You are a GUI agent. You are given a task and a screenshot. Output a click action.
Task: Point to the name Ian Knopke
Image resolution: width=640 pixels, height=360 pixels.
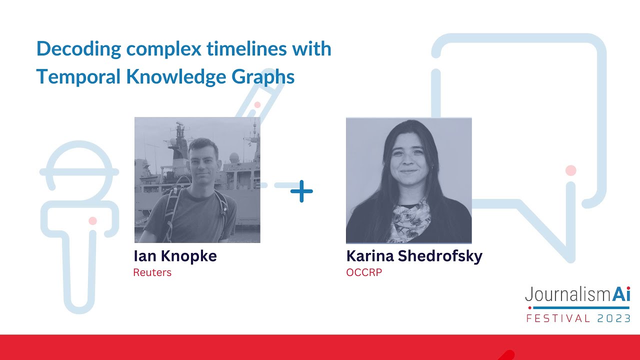175,256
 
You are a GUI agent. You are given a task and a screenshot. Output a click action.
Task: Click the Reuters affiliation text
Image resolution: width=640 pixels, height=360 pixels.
152,273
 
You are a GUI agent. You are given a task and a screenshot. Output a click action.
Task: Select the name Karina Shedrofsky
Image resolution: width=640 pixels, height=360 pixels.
414,256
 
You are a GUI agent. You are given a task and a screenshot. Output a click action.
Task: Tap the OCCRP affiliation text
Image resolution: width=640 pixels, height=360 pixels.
363,273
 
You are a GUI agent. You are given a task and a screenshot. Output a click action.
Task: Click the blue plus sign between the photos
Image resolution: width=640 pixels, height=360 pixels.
301,191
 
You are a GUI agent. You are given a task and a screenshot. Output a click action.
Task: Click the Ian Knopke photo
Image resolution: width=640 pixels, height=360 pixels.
197,180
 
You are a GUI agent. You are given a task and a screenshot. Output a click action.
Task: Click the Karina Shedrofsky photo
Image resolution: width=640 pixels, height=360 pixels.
408,180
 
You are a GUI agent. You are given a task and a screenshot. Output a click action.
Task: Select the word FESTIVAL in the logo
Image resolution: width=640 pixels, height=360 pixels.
558,318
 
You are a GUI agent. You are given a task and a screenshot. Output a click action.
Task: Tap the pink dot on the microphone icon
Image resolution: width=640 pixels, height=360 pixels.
92,220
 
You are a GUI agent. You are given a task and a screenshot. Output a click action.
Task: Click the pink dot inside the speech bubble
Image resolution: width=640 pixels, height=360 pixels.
571,170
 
